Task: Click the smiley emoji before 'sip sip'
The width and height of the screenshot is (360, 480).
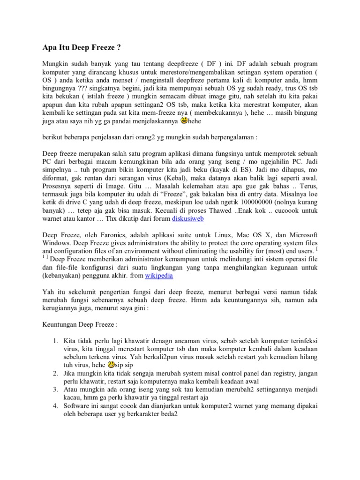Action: [x=111, y=364]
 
